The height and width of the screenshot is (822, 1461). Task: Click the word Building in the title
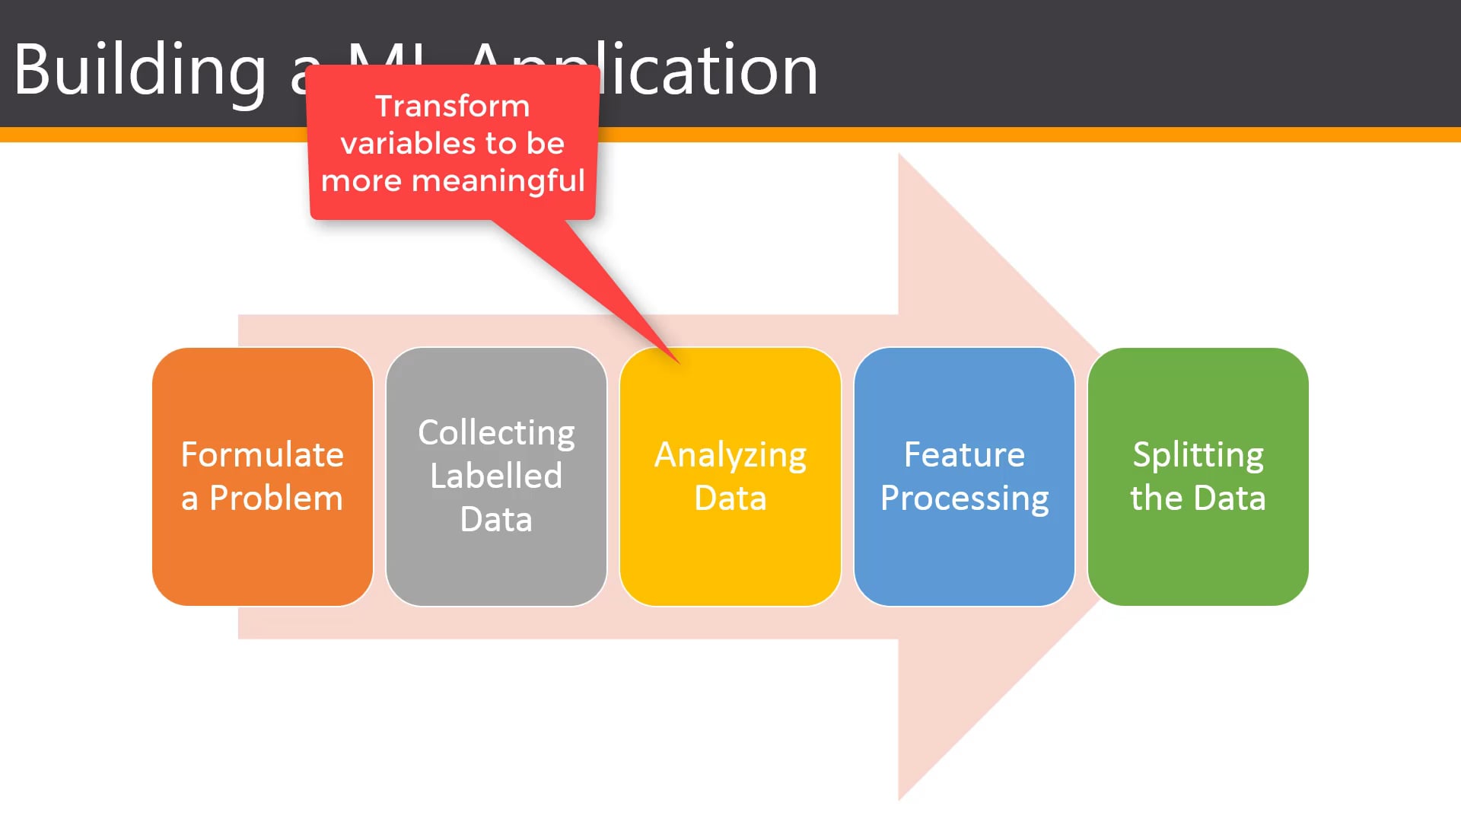141,71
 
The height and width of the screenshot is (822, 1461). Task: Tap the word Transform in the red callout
452,107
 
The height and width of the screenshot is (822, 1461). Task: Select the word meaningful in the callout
498,181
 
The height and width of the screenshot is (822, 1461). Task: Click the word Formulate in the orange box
263,454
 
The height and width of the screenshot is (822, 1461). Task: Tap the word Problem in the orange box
275,499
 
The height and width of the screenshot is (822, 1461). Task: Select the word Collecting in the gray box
496,433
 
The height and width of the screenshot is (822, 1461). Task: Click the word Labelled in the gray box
496,476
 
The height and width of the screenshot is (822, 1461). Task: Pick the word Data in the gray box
496,520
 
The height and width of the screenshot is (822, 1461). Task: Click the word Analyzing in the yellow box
730,455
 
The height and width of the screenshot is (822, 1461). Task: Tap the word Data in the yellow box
730,499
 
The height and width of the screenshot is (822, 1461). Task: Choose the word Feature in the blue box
964,455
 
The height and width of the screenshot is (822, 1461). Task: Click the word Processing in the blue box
964,499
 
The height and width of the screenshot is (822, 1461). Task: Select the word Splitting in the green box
1198,455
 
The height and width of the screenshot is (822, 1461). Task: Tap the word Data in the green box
1230,499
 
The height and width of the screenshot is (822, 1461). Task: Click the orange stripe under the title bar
989,135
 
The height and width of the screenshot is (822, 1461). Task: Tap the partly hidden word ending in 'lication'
708,71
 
